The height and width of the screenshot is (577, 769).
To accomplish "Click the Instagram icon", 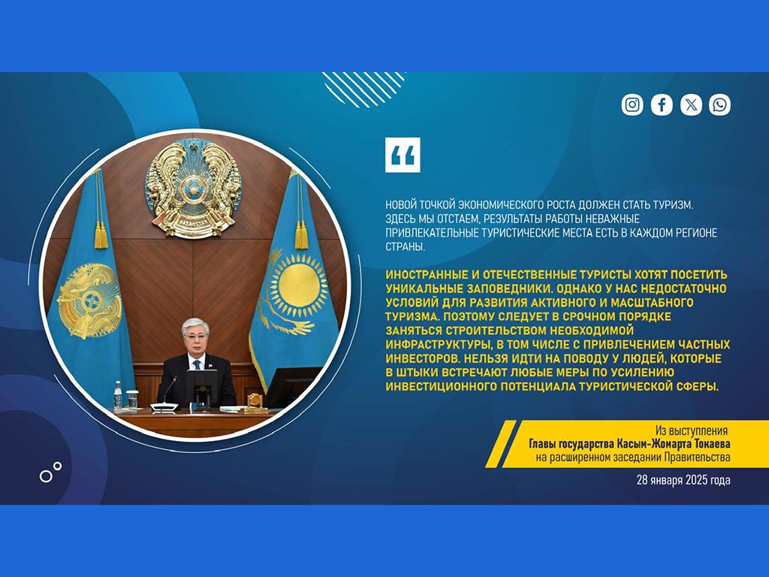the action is [x=632, y=104].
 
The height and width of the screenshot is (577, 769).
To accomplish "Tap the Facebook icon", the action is [x=662, y=104].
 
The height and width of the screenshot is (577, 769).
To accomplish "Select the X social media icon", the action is [x=691, y=104].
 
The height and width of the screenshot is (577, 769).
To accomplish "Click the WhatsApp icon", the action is [x=719, y=104].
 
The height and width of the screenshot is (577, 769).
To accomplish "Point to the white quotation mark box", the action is [x=403, y=155].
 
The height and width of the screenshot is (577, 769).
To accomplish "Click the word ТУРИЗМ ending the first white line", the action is [x=672, y=205].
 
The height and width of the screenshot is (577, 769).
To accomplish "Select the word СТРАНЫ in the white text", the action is [x=405, y=246].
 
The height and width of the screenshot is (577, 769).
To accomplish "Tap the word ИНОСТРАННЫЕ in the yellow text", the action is [x=424, y=275].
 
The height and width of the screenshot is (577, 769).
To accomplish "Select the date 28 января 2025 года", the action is [x=683, y=480].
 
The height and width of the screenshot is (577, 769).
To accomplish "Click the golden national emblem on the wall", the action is [x=193, y=189].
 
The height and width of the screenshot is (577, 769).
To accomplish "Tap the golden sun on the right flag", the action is [x=299, y=285].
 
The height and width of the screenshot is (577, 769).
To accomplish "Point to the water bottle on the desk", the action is [x=118, y=395].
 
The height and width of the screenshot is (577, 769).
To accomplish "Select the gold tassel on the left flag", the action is [x=100, y=234].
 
